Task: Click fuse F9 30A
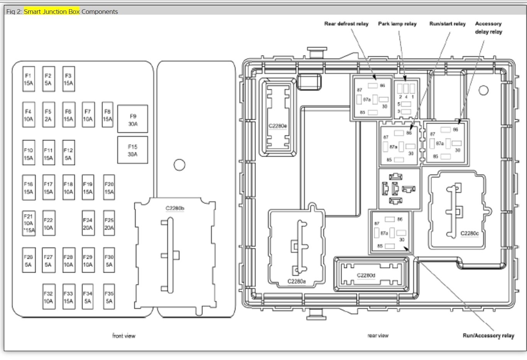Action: pyautogui.click(x=133, y=119)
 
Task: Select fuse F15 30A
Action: pyautogui.click(x=133, y=150)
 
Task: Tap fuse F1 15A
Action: pyautogui.click(x=28, y=79)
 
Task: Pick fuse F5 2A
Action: pyautogui.click(x=48, y=115)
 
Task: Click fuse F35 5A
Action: pyautogui.click(x=109, y=297)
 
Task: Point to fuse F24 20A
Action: pyautogui.click(x=88, y=224)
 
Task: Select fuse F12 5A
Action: pyautogui.click(x=68, y=154)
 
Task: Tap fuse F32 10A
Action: pyautogui.click(x=48, y=297)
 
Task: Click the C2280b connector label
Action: pyautogui.click(x=175, y=209)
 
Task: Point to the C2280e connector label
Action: pyautogui.click(x=278, y=126)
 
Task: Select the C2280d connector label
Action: pyautogui.click(x=366, y=275)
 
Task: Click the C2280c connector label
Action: pyautogui.click(x=470, y=233)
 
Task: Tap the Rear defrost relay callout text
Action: pyautogui.click(x=346, y=24)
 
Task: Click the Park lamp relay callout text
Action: pyautogui.click(x=397, y=24)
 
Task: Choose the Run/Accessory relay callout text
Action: pyautogui.click(x=488, y=336)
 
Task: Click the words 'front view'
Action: pyautogui.click(x=124, y=336)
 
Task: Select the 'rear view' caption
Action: pyautogui.click(x=378, y=336)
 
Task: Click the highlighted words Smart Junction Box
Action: pyautogui.click(x=52, y=12)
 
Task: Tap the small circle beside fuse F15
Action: pyautogui.click(x=179, y=165)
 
